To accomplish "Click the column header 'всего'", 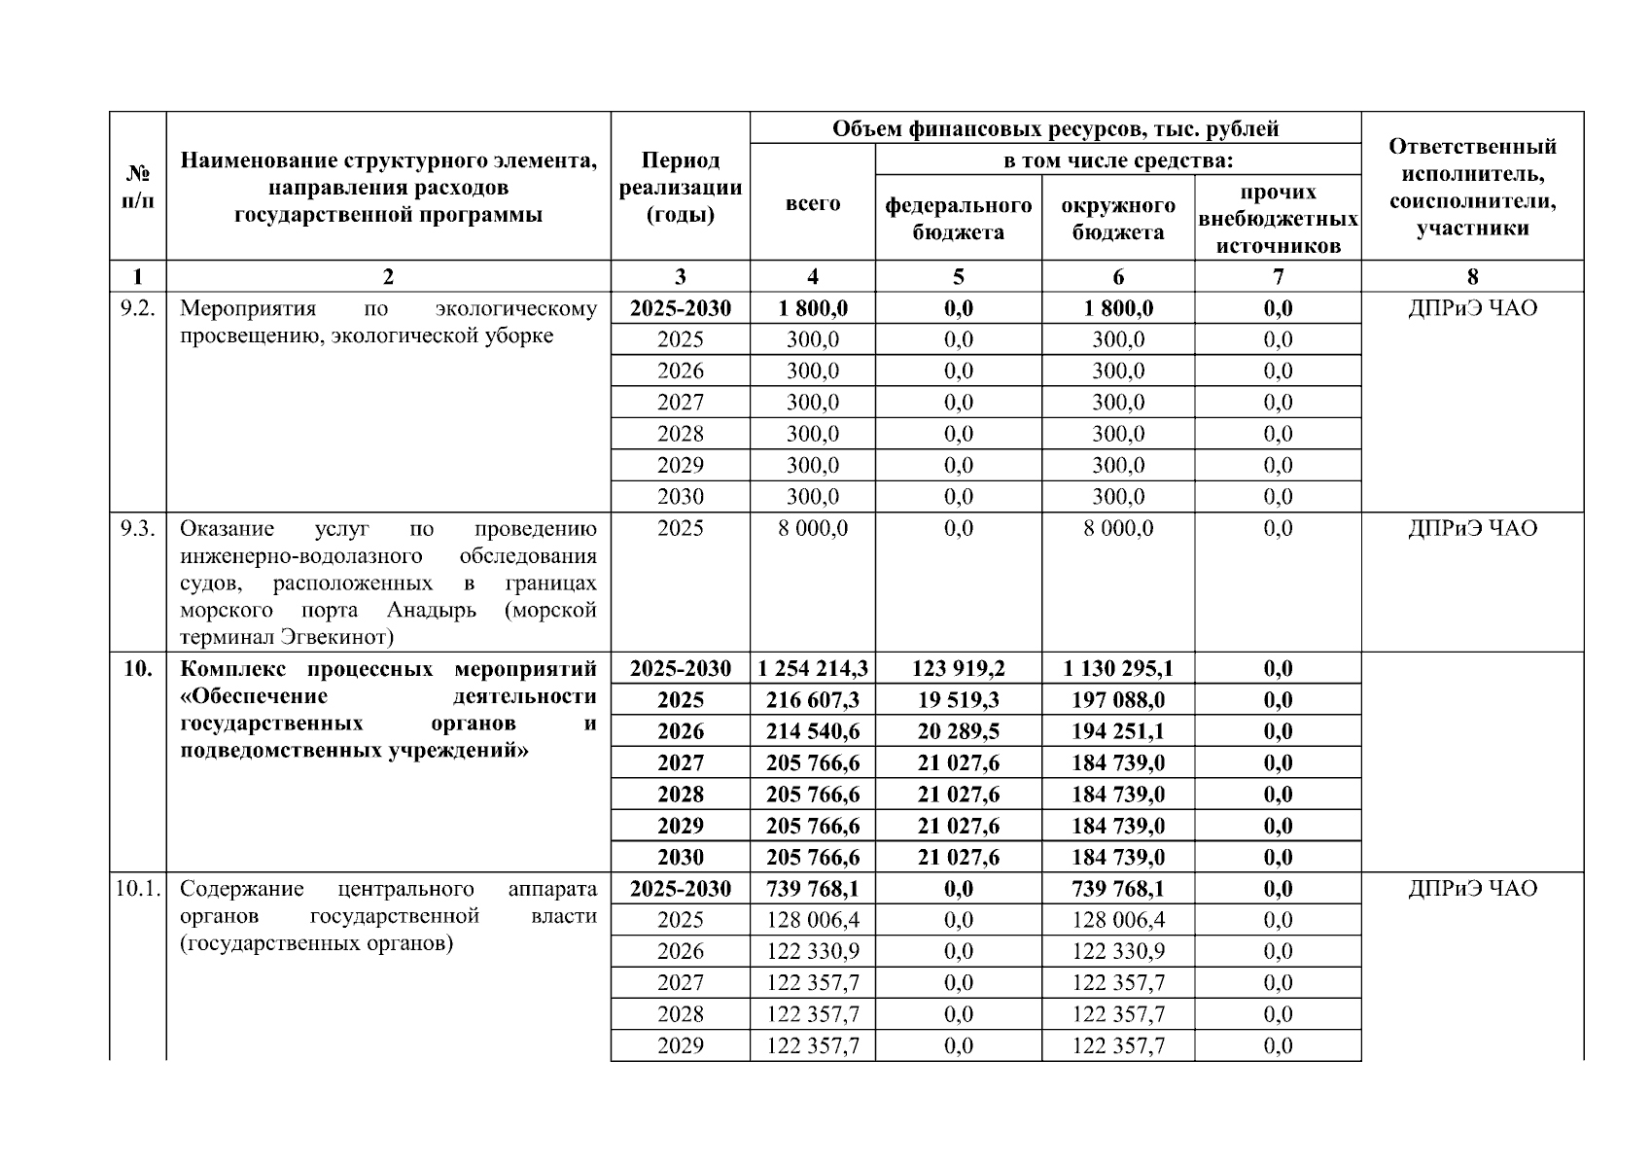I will pos(812,204).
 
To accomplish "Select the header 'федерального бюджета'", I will pos(958,219).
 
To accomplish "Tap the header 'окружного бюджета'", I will pos(1117,219).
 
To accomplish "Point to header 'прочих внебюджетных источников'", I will pos(1278,219).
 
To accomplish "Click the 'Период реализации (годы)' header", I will pos(680,188).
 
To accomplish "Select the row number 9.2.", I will pos(137,309).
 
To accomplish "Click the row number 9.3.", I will pos(137,528).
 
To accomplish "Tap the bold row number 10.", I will pos(137,669).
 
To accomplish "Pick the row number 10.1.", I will pos(137,889).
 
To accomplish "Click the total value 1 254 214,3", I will pos(812,669).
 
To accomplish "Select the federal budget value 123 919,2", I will pos(958,669).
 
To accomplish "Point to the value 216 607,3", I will pos(812,700).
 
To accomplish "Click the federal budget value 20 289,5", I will pos(958,731).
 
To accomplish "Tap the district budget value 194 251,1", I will pos(1117,731).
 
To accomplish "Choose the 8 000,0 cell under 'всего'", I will pos(812,528).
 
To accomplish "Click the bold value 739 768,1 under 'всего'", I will pos(812,889).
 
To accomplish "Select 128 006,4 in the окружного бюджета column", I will pos(1117,920).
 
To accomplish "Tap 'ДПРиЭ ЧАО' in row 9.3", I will pos(1472,528).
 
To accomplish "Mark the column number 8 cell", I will pos(1472,277).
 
